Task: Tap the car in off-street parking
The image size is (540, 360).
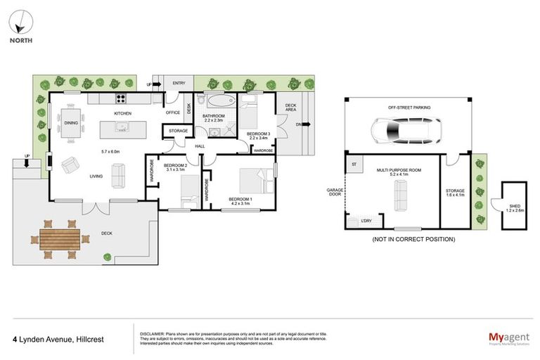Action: pos(404,130)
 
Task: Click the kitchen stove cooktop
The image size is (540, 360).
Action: pos(120,100)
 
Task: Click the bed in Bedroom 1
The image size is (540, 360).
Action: pos(252,181)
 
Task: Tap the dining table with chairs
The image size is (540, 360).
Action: pos(71,122)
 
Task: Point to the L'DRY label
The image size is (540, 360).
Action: pos(366,222)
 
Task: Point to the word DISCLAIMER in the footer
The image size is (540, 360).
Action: pos(153,333)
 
